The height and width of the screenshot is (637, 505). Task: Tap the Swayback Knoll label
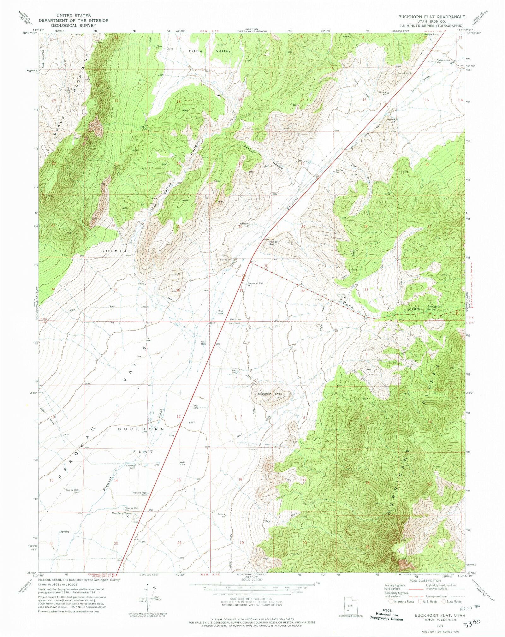pos(270,394)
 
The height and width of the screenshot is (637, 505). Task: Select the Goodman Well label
pos(255,283)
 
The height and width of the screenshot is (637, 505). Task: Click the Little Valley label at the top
pos(210,51)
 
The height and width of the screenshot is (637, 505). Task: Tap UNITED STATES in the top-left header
pos(74,15)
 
